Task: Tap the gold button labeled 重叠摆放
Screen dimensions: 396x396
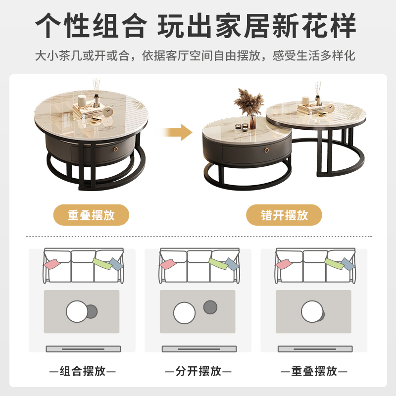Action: coord(91,215)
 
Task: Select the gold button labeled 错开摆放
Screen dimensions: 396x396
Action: coord(284,215)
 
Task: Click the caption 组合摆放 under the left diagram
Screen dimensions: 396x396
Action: coord(82,371)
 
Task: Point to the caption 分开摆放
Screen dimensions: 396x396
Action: coord(198,371)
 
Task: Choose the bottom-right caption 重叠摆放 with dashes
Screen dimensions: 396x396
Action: coord(314,371)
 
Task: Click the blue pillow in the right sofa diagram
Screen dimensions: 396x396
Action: coord(346,264)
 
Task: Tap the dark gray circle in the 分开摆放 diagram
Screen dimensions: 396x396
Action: coord(210,307)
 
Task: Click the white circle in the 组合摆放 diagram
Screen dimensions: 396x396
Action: coord(77,311)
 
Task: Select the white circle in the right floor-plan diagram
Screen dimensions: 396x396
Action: coord(312,311)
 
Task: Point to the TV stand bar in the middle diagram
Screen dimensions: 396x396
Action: coord(198,349)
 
